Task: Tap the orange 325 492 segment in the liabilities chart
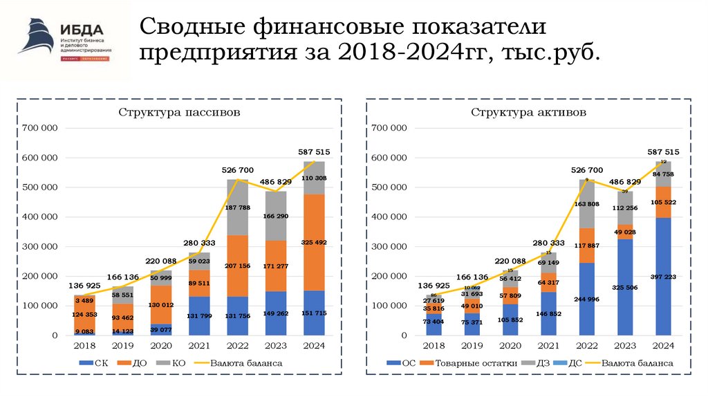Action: pyautogui.click(x=314, y=242)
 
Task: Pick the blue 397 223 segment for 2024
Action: pyautogui.click(x=664, y=277)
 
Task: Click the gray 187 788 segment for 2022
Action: pyautogui.click(x=238, y=207)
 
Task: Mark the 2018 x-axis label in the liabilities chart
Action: pyautogui.click(x=86, y=346)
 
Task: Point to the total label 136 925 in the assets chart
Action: pyautogui.click(x=432, y=286)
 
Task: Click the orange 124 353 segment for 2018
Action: pyautogui.click(x=86, y=315)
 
